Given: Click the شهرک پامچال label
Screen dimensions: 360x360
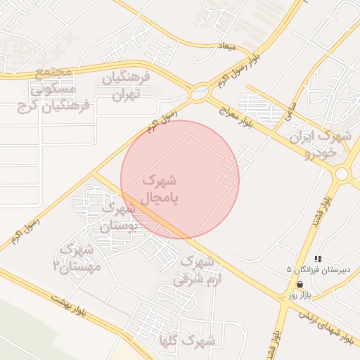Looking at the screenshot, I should point(161,191).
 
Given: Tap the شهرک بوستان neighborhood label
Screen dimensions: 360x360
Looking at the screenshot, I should point(126,217).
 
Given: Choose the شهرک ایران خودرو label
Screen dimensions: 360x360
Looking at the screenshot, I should point(323,144).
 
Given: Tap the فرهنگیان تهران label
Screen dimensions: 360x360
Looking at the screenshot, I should point(127,85).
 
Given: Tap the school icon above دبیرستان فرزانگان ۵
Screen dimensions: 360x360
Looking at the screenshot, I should point(319,259).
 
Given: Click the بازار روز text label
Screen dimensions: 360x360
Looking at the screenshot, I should point(299,296).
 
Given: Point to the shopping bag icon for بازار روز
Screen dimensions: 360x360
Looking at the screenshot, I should point(300,285).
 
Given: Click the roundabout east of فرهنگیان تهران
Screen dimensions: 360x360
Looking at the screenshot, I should point(200,91).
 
